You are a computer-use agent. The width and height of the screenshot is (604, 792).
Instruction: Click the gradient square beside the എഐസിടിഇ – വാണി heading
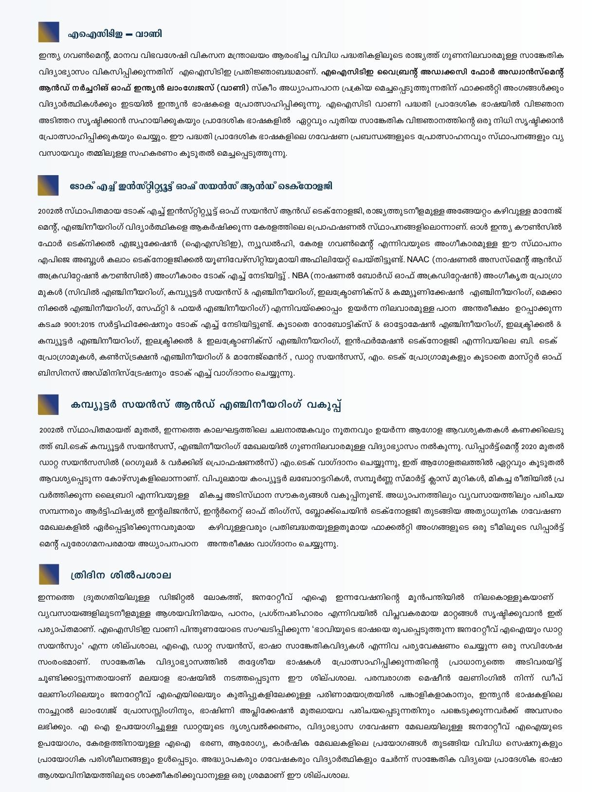pos(49,32)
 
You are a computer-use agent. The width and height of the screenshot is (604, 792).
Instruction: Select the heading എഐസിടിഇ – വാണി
pos(115,34)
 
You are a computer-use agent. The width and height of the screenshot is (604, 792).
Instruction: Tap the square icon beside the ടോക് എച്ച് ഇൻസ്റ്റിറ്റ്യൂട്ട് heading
pos(48,185)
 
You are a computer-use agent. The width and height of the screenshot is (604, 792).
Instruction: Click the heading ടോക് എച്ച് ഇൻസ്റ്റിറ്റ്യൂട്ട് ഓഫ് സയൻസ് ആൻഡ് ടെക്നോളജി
pos(201,186)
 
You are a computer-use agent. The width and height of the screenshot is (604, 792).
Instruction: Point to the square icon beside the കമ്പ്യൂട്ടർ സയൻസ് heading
pos(48,405)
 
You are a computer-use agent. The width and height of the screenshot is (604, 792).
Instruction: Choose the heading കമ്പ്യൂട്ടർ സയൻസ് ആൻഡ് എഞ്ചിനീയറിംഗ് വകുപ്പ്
pos(205,405)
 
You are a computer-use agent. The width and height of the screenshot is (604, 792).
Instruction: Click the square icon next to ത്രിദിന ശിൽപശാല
pos(49,575)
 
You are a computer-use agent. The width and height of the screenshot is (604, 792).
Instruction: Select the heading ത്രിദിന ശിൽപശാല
pos(121,575)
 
